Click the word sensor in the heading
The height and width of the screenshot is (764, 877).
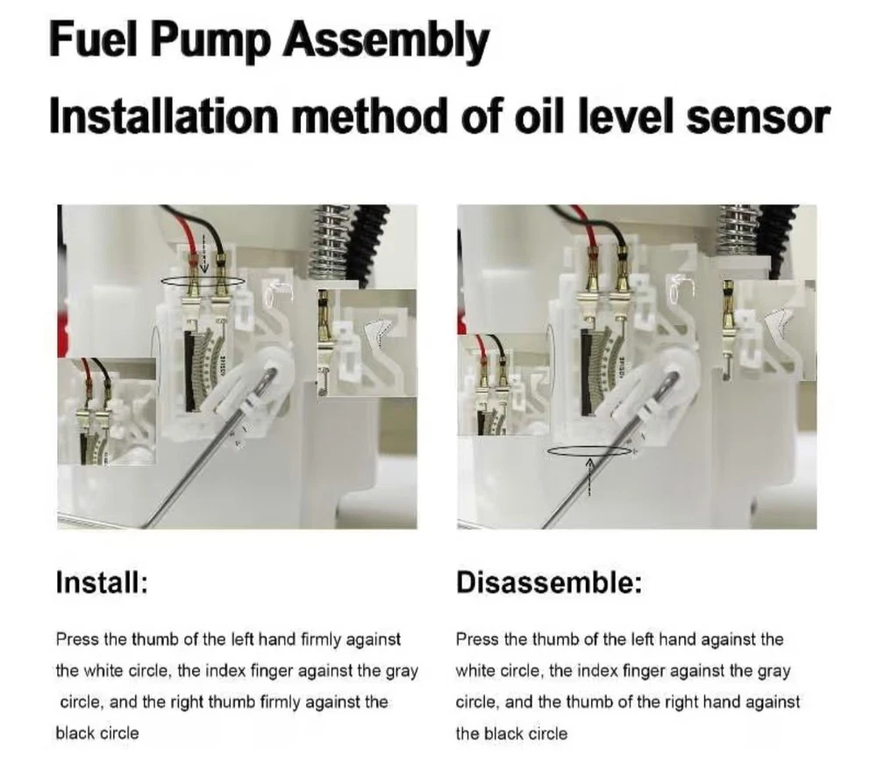point(758,117)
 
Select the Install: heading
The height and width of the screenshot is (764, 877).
point(102,582)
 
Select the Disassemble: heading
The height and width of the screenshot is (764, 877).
point(549,583)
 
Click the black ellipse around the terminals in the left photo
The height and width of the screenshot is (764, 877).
point(203,281)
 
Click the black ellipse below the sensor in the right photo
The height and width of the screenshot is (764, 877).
point(589,450)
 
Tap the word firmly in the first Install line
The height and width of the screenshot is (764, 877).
point(321,640)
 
